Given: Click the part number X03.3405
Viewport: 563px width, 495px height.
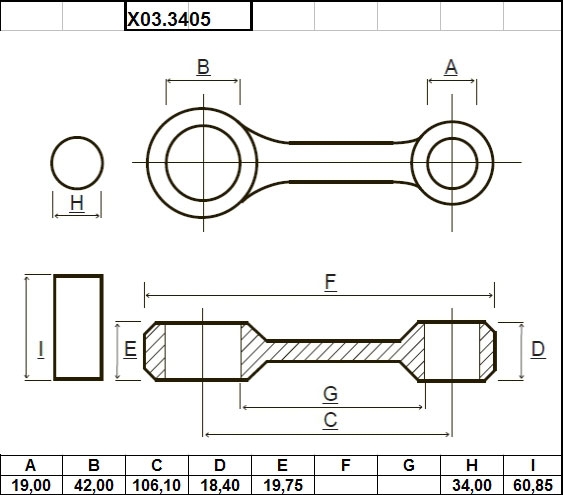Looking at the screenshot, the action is [x=169, y=19].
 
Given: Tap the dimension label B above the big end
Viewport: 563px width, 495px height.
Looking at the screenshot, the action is [x=203, y=67].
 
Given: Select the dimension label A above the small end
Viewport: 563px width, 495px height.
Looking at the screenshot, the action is [x=451, y=67].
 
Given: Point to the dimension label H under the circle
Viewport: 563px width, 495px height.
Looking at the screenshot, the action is [x=77, y=203].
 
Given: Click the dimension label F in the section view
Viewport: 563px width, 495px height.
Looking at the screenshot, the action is [x=330, y=282].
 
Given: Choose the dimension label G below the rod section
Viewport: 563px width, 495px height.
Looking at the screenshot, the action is [x=330, y=394].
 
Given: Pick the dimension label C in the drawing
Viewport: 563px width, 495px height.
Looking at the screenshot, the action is [x=330, y=420].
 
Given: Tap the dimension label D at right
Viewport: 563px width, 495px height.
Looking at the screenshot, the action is [x=538, y=349].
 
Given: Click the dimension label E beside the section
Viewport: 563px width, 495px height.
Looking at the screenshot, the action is [x=130, y=349].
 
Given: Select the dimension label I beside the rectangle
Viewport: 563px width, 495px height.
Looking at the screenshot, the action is [x=41, y=349].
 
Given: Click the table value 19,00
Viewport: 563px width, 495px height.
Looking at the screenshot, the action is [x=31, y=486].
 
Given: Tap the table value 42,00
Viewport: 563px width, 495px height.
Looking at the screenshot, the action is [x=94, y=486].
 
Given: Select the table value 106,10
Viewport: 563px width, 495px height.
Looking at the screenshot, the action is [x=157, y=486].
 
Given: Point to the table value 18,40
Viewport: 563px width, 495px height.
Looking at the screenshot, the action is [x=220, y=486].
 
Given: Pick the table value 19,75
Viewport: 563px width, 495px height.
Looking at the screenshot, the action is [x=283, y=486].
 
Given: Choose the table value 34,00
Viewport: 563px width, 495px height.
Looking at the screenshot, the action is [x=472, y=486].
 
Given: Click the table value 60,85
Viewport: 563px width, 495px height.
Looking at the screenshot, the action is [x=533, y=486].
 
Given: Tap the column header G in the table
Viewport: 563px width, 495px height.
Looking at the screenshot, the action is [x=409, y=466].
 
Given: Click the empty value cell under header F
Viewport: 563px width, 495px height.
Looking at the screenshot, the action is [x=346, y=485].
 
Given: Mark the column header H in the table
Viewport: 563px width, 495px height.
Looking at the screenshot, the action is [x=472, y=466].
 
